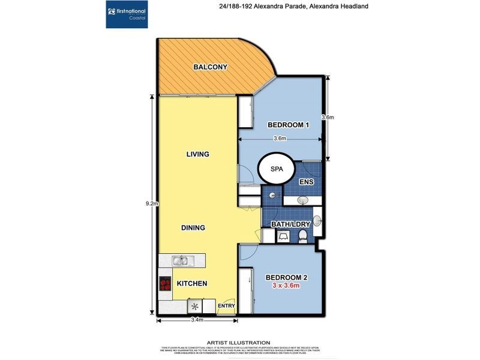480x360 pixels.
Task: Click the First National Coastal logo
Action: (x=128, y=14)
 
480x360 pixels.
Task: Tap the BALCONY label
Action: (x=209, y=67)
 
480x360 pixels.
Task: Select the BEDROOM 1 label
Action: (x=287, y=125)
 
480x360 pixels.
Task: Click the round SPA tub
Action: (x=276, y=170)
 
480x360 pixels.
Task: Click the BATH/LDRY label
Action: (x=290, y=224)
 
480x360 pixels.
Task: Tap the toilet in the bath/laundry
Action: (x=304, y=235)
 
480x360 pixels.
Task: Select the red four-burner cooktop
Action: (x=165, y=284)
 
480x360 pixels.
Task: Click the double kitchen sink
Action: (x=179, y=260)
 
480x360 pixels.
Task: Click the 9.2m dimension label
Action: (x=151, y=203)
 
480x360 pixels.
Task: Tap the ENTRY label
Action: (x=227, y=305)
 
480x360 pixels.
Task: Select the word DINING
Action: (x=193, y=228)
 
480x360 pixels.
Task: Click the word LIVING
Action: (x=197, y=154)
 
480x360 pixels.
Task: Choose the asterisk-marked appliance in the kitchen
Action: (x=194, y=306)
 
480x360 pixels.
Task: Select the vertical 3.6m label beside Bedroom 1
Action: (x=328, y=118)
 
